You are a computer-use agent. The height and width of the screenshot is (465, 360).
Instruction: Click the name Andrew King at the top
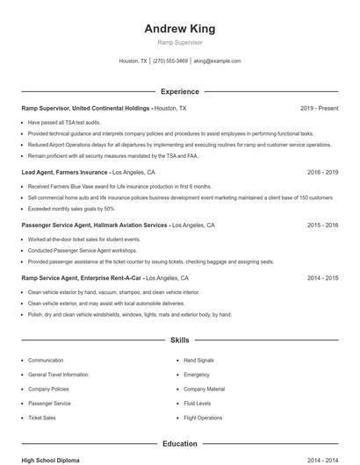click(179, 28)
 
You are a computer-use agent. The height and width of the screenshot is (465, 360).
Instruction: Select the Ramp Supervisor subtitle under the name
click(179, 42)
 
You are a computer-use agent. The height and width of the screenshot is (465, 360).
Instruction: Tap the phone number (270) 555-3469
click(170, 61)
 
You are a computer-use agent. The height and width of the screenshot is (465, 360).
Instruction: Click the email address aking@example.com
click(217, 61)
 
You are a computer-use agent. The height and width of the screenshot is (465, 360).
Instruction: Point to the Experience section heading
click(179, 91)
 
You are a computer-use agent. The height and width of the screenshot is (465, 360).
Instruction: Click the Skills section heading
click(179, 339)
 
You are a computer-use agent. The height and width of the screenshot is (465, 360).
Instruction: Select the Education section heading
click(179, 444)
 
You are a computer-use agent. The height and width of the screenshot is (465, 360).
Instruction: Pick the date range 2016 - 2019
click(322, 173)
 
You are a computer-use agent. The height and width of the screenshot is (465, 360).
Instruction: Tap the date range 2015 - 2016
click(322, 225)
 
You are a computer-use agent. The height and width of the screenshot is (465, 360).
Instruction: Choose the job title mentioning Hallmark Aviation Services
click(95, 225)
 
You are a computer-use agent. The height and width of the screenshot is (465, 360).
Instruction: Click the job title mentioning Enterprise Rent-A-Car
click(82, 277)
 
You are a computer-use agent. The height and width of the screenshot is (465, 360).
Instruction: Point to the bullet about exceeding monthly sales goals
click(71, 209)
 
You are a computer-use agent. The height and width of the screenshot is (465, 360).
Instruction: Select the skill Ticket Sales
click(42, 418)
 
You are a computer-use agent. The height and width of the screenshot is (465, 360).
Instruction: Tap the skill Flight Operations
click(203, 418)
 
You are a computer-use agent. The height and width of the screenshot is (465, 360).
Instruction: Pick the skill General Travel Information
click(57, 375)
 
